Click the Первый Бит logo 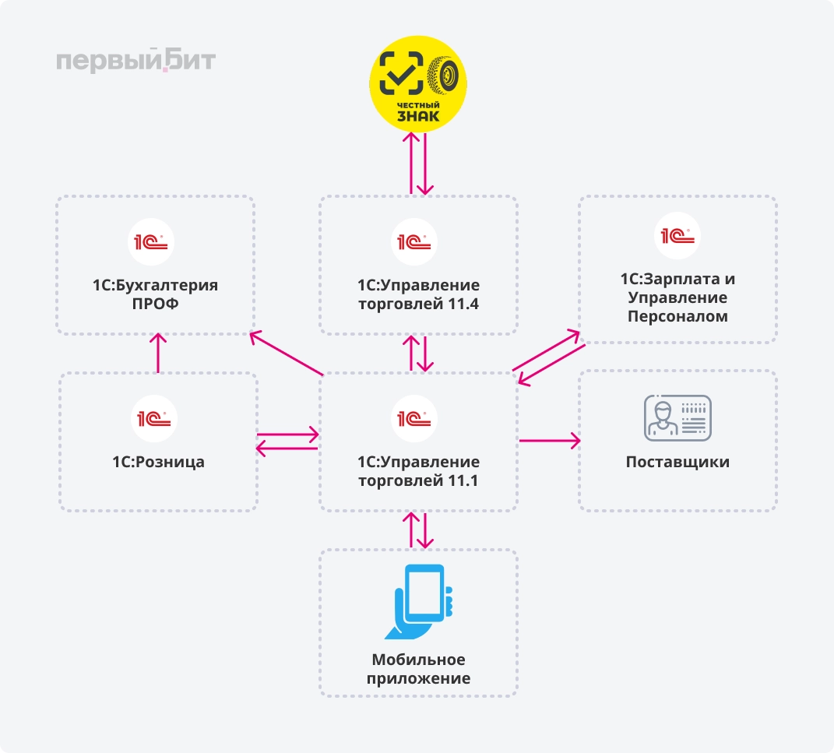tap(135, 61)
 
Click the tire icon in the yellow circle tap(447, 75)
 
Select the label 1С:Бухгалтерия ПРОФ tap(156, 294)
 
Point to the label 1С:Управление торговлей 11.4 tap(418, 294)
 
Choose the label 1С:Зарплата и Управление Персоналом tap(677, 297)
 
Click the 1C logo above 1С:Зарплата tap(677, 236)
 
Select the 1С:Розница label tap(158, 462)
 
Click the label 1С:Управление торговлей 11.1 tap(418, 471)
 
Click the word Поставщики tap(677, 462)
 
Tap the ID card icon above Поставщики tap(677, 417)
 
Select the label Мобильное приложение tap(418, 668)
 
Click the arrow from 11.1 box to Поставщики tap(549, 441)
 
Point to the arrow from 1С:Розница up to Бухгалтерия tap(158, 353)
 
